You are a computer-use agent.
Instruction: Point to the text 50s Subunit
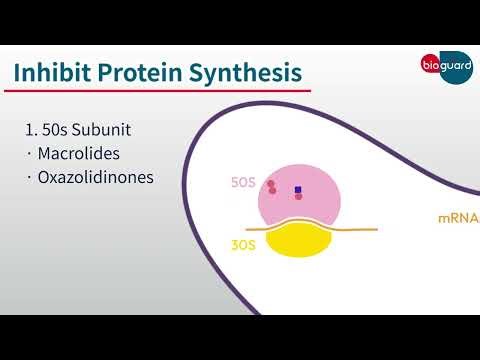click(x=98, y=130)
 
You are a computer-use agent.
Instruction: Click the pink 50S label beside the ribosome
click(x=243, y=184)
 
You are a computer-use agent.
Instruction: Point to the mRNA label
click(x=458, y=218)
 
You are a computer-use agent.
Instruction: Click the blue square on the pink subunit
click(x=298, y=189)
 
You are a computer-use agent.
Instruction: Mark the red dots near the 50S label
click(x=271, y=187)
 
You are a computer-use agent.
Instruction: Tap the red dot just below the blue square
click(x=298, y=197)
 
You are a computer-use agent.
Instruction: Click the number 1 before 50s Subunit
click(x=30, y=130)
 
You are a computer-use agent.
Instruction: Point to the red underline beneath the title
click(x=150, y=92)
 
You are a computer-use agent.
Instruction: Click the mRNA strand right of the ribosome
click(x=360, y=230)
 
